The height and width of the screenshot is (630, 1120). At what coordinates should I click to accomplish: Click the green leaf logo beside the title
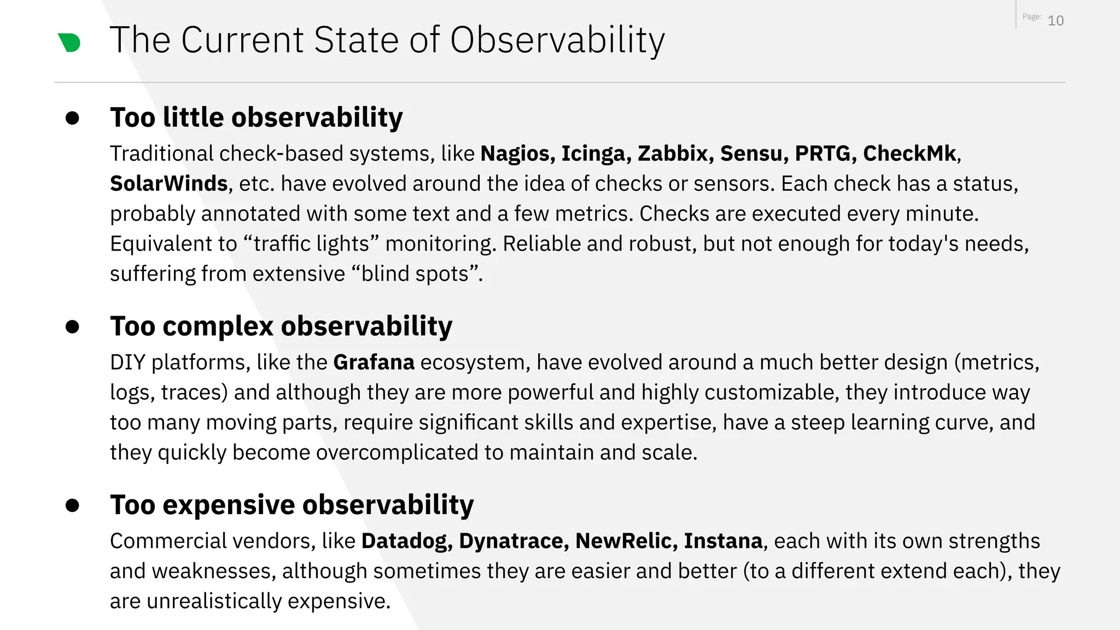click(69, 43)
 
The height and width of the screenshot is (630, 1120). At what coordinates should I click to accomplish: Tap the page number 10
click(1055, 21)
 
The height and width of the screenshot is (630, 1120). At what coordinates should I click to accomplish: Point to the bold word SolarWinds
click(168, 184)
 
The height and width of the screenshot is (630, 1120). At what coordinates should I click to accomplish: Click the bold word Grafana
click(374, 363)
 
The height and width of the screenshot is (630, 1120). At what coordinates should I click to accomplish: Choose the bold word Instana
click(723, 541)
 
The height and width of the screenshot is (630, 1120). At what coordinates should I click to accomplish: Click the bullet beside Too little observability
click(72, 118)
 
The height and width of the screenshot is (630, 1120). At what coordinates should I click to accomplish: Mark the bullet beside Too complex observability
click(72, 327)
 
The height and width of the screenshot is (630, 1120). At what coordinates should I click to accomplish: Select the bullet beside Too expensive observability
click(72, 505)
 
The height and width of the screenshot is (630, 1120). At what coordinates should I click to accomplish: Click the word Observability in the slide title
click(557, 40)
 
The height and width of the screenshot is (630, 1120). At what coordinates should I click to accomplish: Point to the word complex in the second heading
click(218, 326)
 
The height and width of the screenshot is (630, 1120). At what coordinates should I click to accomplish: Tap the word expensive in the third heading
click(229, 505)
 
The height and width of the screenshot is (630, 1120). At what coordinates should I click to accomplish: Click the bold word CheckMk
click(910, 154)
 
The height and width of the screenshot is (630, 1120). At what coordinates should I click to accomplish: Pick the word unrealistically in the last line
click(214, 601)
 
